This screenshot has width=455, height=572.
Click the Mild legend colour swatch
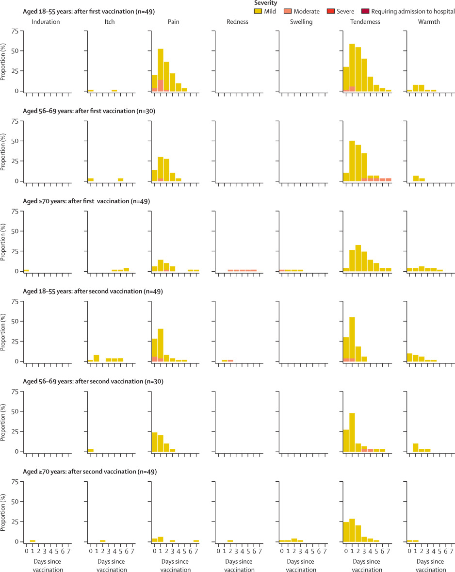coord(258,11)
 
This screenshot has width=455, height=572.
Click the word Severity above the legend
coord(266,3)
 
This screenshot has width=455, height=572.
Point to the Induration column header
coord(46,22)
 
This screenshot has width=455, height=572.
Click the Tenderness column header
coord(366,22)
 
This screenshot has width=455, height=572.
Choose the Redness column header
coord(238,22)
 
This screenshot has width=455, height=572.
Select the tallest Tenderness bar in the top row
coord(352,67)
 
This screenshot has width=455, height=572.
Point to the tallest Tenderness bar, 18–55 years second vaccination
coord(352,339)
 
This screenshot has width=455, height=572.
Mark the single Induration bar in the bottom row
coord(32,541)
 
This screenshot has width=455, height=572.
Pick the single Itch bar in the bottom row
coord(103,541)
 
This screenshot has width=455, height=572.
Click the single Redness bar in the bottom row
coord(230,541)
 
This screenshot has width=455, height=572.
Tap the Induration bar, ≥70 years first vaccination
coord(26,270)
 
